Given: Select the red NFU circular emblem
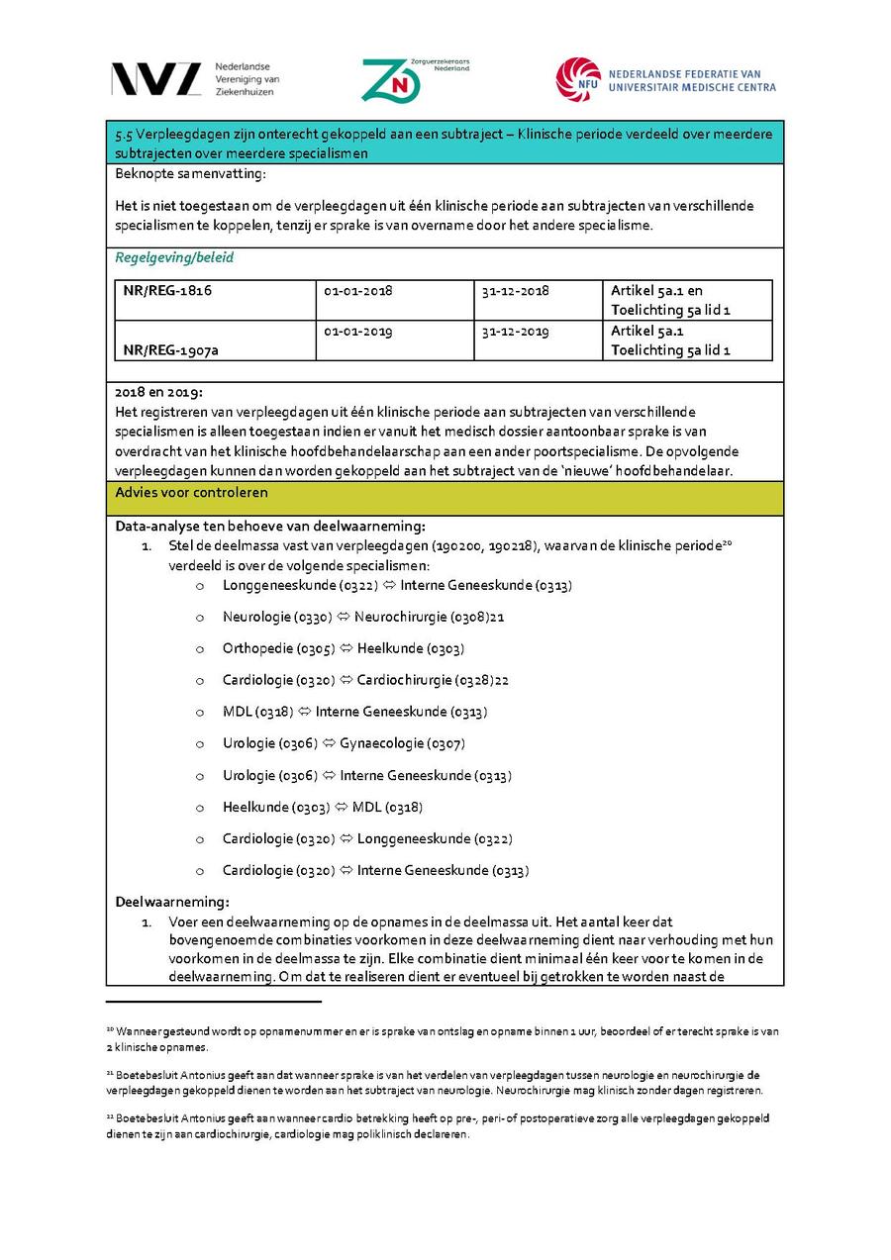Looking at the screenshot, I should (578, 79).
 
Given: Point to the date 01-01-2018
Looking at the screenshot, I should (358, 291).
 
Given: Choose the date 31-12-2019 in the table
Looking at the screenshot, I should (515, 331).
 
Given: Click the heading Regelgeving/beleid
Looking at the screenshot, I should (174, 258).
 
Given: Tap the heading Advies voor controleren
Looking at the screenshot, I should (191, 492).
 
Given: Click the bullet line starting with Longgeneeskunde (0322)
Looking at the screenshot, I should (396, 585).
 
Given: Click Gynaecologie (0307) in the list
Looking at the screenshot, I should (402, 743).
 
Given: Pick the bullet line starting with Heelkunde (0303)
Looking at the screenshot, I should (322, 807).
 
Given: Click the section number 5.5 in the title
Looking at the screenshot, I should (125, 135).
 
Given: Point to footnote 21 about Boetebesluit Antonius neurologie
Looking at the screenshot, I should (436, 1082).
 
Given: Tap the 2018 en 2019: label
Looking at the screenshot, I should (158, 392).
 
